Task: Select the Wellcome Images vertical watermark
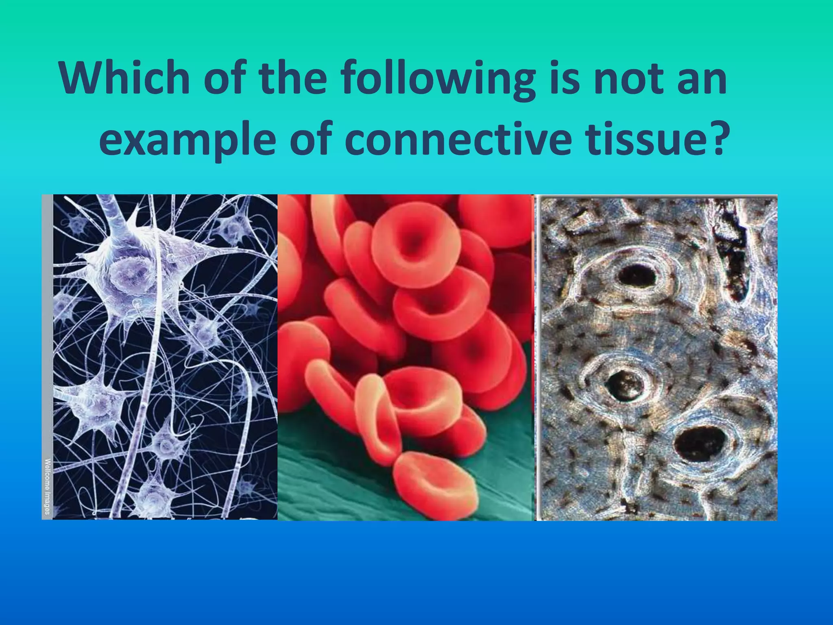(x=48, y=486)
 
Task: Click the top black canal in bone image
(x=637, y=277)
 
